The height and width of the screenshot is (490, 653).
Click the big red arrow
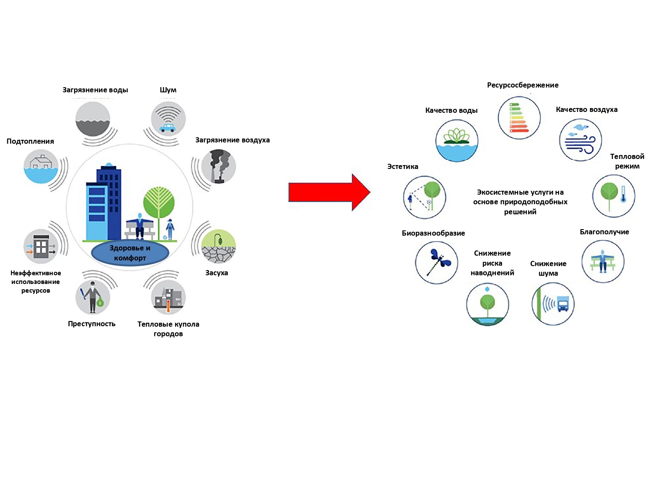(329, 193)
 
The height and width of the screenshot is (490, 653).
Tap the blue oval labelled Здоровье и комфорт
(130, 253)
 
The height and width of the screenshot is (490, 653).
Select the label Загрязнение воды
(95, 90)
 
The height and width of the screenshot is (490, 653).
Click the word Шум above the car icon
(168, 90)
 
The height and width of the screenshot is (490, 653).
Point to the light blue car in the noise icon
(167, 128)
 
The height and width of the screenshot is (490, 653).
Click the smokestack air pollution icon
(219, 166)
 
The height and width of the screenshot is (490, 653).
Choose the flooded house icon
(41, 166)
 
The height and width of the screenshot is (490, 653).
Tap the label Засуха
(216, 273)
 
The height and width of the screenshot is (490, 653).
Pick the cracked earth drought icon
(219, 247)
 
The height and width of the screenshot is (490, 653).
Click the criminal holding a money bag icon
(93, 297)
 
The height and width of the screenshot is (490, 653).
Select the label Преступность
(91, 324)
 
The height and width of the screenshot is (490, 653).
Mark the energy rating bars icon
(519, 118)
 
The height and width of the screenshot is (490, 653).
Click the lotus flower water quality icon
(457, 141)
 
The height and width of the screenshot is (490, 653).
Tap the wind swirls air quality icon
(580, 140)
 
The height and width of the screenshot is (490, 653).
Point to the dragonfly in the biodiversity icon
(438, 262)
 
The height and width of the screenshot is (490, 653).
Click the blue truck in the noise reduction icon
(563, 304)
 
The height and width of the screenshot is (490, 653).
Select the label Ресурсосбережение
(523, 85)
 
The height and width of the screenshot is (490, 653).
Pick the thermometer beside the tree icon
(623, 194)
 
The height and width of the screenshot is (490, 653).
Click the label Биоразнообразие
(433, 233)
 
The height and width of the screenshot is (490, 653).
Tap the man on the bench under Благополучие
(603, 261)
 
